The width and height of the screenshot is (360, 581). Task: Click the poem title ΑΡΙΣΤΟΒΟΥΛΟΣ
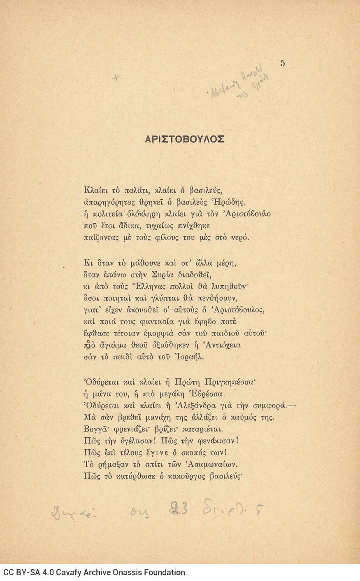pyautogui.click(x=184, y=139)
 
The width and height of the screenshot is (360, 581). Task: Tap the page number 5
pyautogui.click(x=282, y=63)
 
